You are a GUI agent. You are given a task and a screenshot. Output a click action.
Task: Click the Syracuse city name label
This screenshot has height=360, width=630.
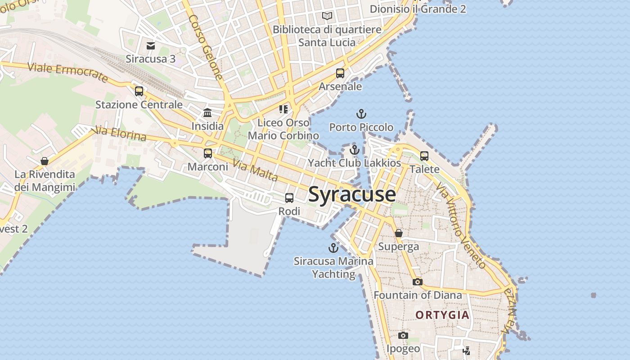(x=352, y=194)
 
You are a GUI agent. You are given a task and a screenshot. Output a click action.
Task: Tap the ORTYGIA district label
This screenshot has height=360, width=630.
(x=442, y=315)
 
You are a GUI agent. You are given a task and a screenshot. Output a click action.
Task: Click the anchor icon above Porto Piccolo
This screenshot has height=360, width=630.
(x=361, y=114)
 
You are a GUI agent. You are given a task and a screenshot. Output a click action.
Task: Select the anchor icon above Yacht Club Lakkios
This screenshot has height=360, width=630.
(x=355, y=150)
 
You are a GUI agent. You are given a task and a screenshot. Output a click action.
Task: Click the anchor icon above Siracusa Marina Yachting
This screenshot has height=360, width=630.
(x=333, y=248)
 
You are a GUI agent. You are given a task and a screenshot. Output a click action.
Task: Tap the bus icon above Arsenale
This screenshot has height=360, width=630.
(x=340, y=73)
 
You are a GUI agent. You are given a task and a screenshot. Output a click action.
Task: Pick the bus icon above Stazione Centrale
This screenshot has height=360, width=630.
(x=139, y=91)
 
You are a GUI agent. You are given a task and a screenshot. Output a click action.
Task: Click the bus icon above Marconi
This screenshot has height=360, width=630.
(x=208, y=153)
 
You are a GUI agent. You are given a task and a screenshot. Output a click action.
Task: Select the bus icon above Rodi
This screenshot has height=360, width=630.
(x=289, y=198)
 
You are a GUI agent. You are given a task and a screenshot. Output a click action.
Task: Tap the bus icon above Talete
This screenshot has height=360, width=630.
(x=424, y=156)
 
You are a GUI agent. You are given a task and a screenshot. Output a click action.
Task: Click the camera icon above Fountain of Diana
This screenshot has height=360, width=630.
(x=418, y=282)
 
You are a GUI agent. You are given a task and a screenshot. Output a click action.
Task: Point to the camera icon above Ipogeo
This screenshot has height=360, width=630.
(x=403, y=335)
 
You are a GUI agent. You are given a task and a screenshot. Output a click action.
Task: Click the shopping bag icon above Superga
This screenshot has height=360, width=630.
(x=399, y=233)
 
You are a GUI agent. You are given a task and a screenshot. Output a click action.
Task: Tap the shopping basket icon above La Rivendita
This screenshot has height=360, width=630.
(x=45, y=161)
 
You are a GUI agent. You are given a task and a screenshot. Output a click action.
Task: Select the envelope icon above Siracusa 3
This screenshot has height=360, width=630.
(x=151, y=45)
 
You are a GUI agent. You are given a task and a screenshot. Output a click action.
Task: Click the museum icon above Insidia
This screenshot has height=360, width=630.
(x=207, y=112)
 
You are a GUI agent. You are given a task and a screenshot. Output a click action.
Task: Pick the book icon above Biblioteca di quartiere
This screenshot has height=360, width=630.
(x=327, y=16)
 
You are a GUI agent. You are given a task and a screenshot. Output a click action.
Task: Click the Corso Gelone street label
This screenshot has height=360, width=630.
(x=206, y=47)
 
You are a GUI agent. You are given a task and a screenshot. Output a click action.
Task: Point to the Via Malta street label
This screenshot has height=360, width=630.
(x=256, y=171)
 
